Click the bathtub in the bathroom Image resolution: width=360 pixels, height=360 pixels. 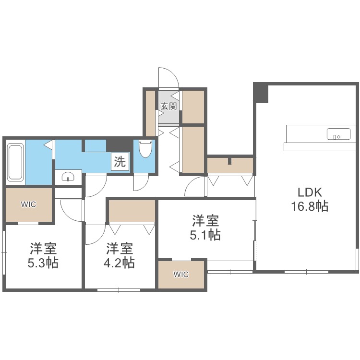[x=16, y=162]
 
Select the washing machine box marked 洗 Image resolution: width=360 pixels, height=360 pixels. [x=120, y=162]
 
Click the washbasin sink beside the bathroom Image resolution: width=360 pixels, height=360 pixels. [x=68, y=177]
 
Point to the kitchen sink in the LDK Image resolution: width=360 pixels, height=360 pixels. [x=338, y=134]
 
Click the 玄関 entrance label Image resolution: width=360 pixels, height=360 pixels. [x=169, y=106]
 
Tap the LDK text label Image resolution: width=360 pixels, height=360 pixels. [x=310, y=192]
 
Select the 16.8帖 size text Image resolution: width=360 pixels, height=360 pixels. [x=310, y=206]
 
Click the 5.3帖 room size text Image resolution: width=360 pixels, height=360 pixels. [x=43, y=263]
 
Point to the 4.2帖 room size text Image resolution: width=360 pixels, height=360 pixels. [x=119, y=263]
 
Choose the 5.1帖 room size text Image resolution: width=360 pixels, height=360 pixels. [x=205, y=235]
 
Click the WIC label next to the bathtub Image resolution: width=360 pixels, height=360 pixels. [x=28, y=204]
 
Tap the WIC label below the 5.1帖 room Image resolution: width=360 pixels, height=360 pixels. [x=181, y=275]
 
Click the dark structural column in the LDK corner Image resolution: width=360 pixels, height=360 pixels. [x=261, y=93]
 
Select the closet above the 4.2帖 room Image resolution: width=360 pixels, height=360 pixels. [x=132, y=211]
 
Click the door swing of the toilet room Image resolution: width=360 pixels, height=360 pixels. [x=144, y=186]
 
